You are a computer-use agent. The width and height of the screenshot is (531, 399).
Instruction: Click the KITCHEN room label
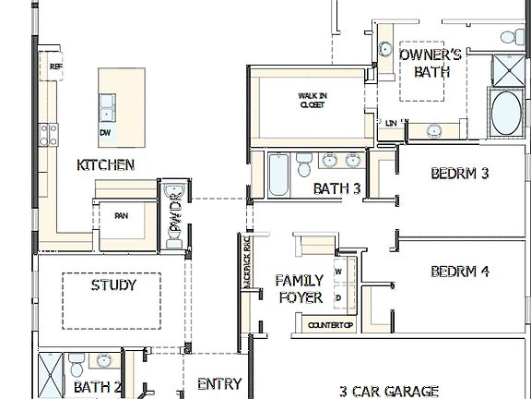tap(105, 165)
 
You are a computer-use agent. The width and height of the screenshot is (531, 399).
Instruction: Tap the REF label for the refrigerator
tap(55, 66)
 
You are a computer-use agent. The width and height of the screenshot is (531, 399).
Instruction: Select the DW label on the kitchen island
tap(106, 132)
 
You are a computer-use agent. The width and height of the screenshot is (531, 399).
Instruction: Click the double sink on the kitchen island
tap(107, 106)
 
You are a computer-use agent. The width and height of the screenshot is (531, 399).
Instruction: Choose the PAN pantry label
tap(121, 216)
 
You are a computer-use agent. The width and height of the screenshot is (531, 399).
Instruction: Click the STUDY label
tap(113, 284)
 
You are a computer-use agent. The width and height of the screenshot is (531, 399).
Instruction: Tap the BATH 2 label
tap(98, 387)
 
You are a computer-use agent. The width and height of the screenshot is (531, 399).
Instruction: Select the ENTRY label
tap(219, 384)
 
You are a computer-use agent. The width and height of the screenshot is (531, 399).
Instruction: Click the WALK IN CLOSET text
tap(311, 100)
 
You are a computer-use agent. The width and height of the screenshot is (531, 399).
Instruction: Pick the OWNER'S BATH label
tap(430, 63)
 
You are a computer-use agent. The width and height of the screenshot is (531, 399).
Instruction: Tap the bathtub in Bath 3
tap(279, 176)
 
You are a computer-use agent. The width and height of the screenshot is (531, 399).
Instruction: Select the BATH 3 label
tap(336, 189)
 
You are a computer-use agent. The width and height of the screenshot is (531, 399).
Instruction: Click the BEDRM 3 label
tap(459, 173)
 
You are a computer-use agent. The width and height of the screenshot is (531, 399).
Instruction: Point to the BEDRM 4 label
tap(459, 272)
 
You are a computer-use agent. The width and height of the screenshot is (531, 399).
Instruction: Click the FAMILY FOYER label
tap(300, 288)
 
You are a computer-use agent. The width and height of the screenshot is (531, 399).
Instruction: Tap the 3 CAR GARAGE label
tap(388, 391)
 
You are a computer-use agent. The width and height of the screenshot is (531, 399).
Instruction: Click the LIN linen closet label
tap(392, 123)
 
